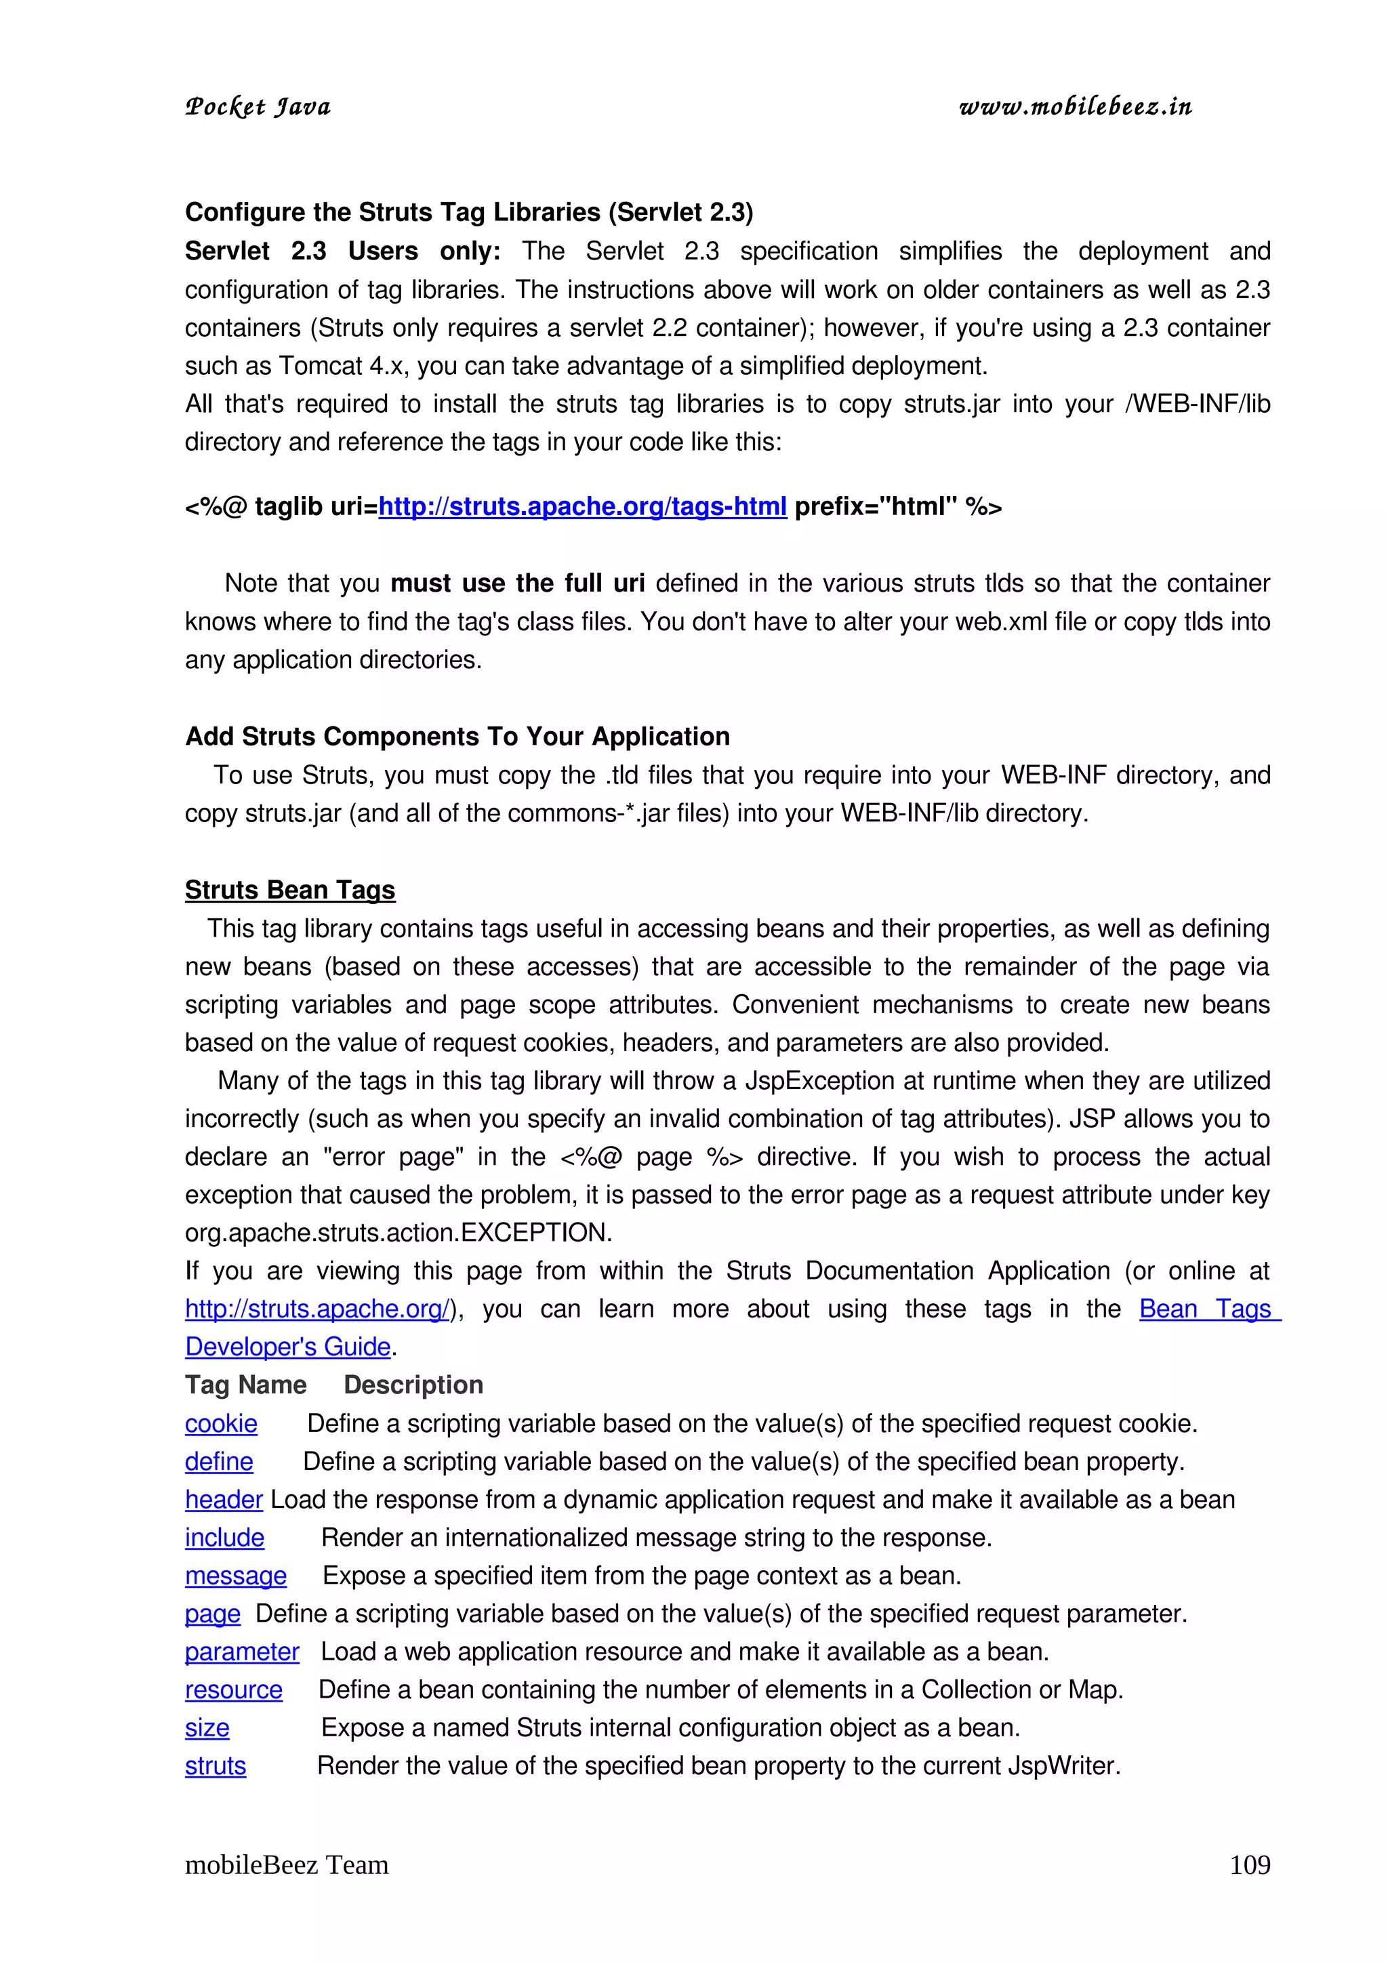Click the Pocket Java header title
tap(258, 107)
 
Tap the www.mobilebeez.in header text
tap(1075, 107)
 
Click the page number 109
tap(1250, 1865)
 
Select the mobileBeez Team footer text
tap(287, 1865)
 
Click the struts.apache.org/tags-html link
tap(581, 506)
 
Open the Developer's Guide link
tap(287, 1347)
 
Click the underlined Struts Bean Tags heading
tap(290, 890)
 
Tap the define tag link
tap(219, 1461)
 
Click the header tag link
tap(223, 1500)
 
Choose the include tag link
tap(224, 1537)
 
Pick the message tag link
tap(235, 1576)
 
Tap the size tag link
tap(207, 1728)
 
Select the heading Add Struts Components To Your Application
tap(457, 737)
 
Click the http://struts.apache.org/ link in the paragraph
tap(317, 1309)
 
